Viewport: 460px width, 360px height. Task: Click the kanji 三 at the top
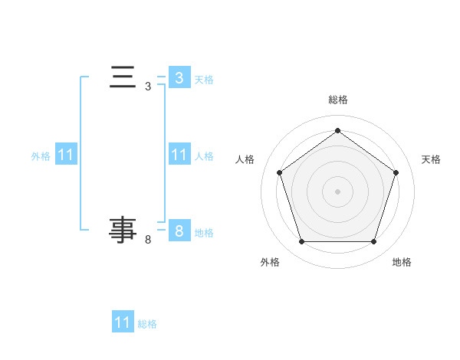pos(123,77)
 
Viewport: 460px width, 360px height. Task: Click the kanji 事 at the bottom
pos(123,230)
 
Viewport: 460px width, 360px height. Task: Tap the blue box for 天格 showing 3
pos(179,78)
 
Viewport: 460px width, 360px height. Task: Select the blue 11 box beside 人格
pos(179,155)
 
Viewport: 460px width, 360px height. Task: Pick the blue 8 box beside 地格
pos(179,231)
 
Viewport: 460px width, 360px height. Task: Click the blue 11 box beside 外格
pos(65,155)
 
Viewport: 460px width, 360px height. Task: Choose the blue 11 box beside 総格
pos(123,322)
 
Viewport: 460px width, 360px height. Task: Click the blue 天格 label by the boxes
pos(204,79)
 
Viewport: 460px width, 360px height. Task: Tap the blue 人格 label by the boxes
pos(204,155)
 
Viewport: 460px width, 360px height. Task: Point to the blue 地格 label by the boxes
pos(204,232)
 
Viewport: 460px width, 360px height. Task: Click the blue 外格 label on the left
pos(41,155)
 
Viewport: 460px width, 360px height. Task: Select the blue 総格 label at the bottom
pos(147,323)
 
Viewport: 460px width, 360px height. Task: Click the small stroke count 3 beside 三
pos(148,87)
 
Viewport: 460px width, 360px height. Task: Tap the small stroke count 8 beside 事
pos(148,240)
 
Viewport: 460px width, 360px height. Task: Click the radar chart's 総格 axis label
pos(337,100)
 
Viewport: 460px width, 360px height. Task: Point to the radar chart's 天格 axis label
pos(431,159)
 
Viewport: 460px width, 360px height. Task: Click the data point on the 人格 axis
pos(279,172)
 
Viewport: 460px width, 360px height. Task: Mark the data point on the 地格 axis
pos(373,242)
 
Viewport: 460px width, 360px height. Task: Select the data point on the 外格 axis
pos(301,242)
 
